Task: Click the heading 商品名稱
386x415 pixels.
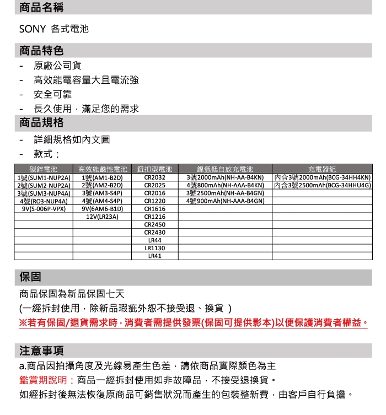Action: point(41,8)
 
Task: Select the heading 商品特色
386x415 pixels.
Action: point(41,51)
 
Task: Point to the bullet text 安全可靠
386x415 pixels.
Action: point(53,95)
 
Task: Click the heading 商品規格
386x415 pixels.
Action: point(41,122)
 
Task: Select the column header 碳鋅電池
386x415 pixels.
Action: point(44,170)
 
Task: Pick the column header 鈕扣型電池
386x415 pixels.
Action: point(155,170)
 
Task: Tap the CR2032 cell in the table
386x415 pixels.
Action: point(155,178)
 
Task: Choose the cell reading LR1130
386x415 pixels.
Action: point(155,248)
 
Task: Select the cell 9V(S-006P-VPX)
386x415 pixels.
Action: point(44,209)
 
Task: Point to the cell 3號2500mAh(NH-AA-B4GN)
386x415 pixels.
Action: point(226,193)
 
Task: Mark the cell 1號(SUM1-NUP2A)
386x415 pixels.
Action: point(44,178)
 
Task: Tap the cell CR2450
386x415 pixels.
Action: point(155,225)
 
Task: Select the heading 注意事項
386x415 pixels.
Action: point(41,350)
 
